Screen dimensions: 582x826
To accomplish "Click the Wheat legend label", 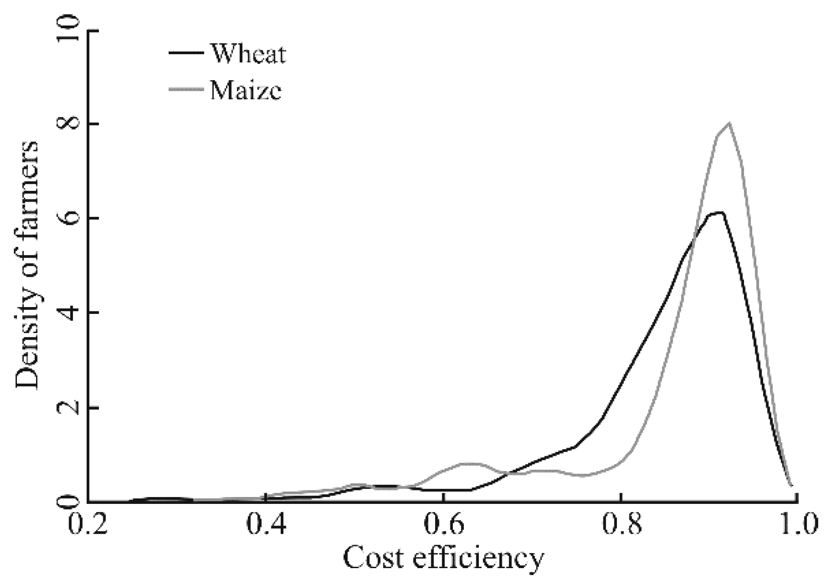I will (248, 54).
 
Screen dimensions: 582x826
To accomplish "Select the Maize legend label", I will (246, 91).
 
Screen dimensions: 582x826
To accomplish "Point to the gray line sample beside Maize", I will (186, 90).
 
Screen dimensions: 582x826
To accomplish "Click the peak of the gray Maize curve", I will (729, 124).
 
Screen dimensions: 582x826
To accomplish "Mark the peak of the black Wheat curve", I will (720, 213).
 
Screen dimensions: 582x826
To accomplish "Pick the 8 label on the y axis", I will (71, 124).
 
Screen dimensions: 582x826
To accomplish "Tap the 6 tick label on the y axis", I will (71, 218).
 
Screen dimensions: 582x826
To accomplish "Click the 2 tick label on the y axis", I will (71, 408).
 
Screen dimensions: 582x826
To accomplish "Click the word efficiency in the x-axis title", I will (478, 559).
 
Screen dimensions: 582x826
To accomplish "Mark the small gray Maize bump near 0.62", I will (469, 464).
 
